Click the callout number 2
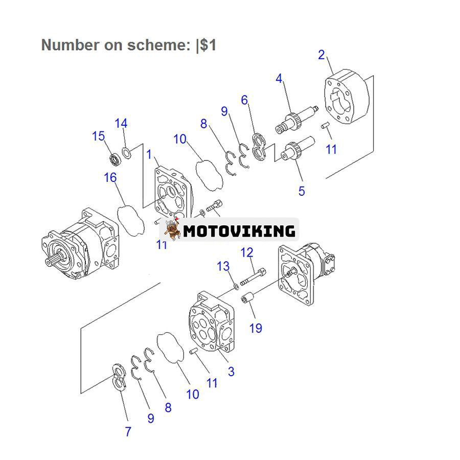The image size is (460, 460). [x=321, y=55]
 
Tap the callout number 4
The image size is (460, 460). [x=279, y=78]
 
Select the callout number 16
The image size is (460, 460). [x=110, y=177]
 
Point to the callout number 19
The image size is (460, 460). [x=256, y=328]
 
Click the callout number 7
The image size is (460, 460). [x=128, y=431]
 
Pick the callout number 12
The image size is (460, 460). [x=247, y=252]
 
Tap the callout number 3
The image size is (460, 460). [x=231, y=372]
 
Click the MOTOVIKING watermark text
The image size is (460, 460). [x=239, y=231]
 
